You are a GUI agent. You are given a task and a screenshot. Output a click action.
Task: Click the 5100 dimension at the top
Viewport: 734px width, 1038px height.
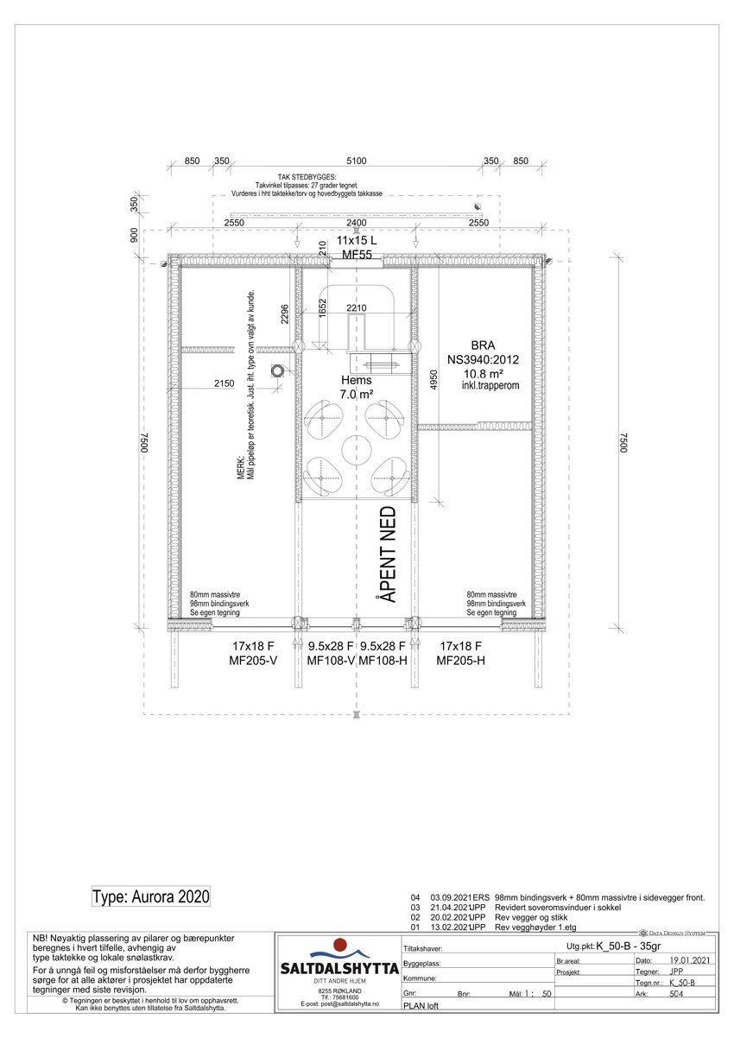point(356,161)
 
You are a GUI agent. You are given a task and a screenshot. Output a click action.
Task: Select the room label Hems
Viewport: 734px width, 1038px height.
point(356,380)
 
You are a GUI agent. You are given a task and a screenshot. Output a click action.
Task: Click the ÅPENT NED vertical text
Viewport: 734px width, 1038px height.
point(389,554)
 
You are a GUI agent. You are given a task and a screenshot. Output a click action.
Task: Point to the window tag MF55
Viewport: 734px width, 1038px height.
point(357,256)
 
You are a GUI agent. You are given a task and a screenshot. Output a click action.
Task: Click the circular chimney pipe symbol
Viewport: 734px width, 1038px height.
point(277,371)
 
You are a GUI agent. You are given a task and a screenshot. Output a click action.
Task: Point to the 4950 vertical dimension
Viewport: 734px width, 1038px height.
point(435,380)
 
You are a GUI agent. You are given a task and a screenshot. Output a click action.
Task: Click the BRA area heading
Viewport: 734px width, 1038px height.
point(483,344)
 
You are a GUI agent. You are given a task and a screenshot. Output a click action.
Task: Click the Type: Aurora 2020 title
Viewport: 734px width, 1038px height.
point(150,896)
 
